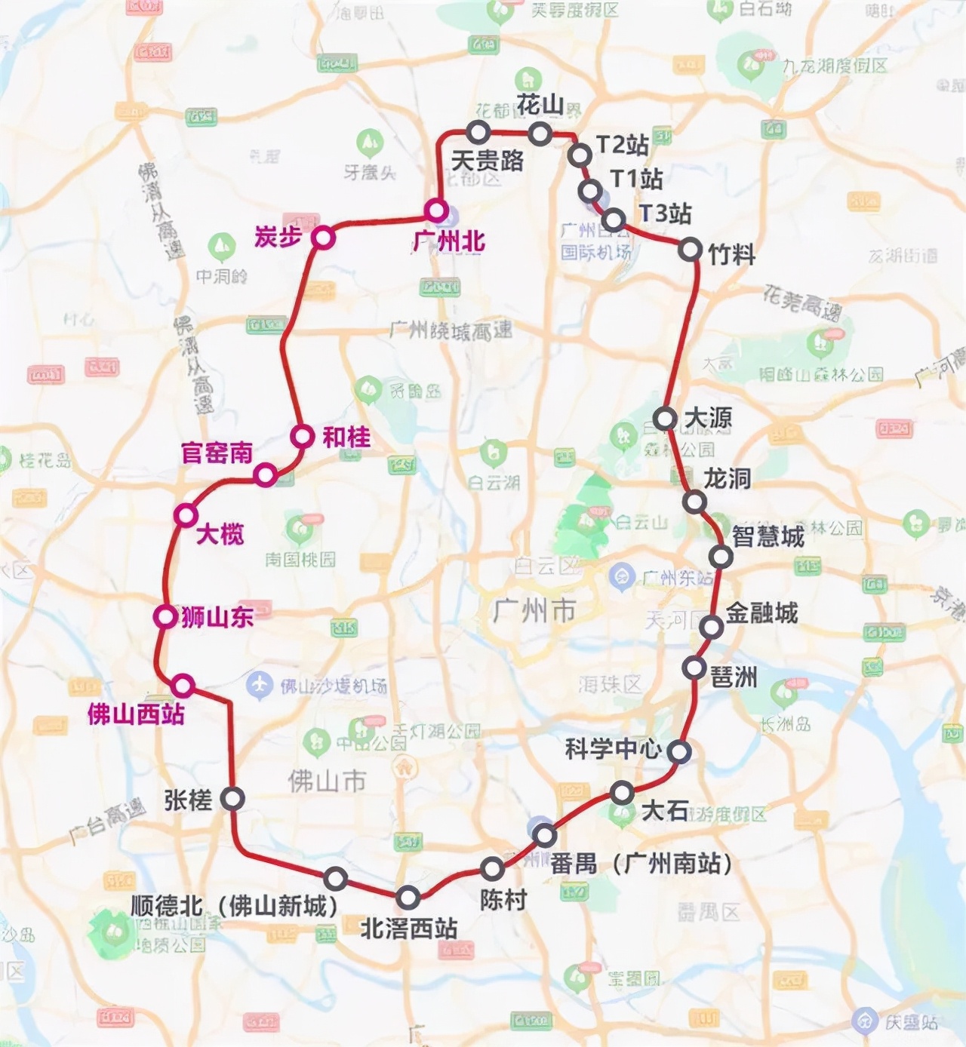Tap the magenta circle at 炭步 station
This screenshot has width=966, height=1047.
323,238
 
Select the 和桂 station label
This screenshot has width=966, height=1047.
346,437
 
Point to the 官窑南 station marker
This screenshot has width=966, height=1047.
265,475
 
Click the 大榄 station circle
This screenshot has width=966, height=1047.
185,515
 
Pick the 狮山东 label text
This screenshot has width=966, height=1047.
217,617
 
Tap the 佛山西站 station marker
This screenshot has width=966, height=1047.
183,686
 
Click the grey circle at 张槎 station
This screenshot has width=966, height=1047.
232,798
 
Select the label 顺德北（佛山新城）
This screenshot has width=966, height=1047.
234,905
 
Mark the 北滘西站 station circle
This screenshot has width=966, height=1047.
408,898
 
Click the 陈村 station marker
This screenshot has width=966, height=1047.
492,868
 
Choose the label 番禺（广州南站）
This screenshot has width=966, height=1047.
641,863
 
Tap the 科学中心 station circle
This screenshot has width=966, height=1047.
678,751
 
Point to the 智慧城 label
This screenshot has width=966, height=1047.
768,536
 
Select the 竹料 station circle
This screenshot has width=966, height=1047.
690,249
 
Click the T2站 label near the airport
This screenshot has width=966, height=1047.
622,144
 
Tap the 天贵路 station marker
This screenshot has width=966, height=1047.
478,133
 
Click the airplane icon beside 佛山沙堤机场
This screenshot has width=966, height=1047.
259,685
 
